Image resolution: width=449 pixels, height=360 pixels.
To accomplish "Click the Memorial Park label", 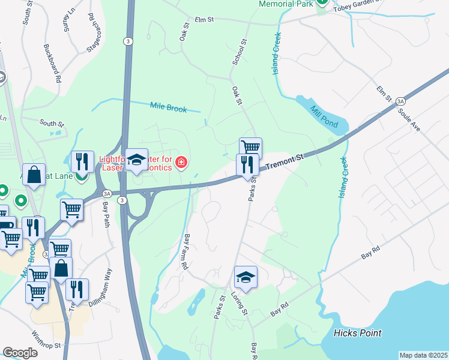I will coord(286,4).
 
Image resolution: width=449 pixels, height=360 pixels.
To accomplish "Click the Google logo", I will coord(20,353).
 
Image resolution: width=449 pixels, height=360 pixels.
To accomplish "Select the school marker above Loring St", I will coord(246,277).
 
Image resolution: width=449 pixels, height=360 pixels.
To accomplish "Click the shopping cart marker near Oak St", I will coord(250,147).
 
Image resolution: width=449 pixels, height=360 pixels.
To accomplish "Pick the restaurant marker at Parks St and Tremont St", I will coord(247,163).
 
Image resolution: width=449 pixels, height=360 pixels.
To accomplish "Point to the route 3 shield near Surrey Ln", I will coord(127,41).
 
